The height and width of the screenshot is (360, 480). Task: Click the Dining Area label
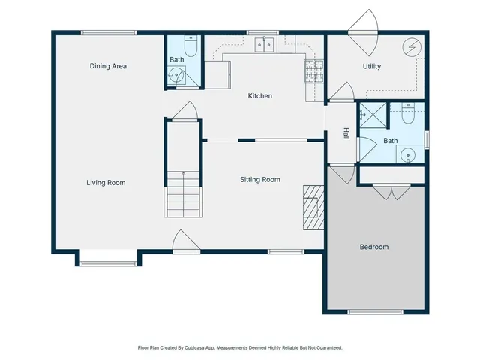coord(108,66)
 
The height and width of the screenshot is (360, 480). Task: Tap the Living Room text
coord(106,182)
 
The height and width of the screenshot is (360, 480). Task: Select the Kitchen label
coord(260,95)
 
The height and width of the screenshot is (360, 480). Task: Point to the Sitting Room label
coord(260,179)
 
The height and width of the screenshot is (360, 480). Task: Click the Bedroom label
coord(374,247)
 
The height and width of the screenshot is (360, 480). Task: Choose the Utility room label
coord(372,66)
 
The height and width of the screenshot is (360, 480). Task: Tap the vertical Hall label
coord(346,133)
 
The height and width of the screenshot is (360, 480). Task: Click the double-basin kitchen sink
coord(264,45)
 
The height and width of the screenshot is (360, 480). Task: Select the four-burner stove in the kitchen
coord(313,70)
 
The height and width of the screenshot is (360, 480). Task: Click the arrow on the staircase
coord(183,174)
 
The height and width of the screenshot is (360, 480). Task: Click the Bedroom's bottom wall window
coord(375,311)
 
